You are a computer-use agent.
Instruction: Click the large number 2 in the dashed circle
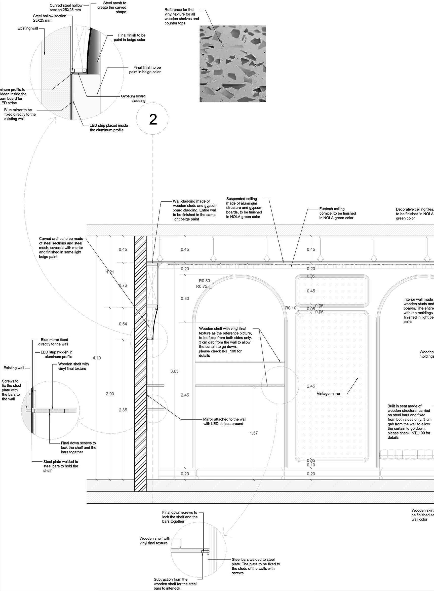[153, 119]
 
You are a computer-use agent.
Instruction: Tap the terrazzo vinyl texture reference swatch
[232, 64]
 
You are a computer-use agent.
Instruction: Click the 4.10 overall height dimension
[97, 358]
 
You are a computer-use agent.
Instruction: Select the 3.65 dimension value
[174, 371]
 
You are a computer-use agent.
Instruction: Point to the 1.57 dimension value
[254, 433]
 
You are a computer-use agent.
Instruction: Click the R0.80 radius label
[204, 281]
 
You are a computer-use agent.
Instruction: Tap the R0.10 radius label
[291, 308]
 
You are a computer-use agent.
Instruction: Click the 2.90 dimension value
[110, 394]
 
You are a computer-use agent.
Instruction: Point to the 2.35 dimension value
[123, 410]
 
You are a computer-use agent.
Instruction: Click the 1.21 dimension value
[110, 272]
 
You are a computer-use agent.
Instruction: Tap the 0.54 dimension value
[123, 324]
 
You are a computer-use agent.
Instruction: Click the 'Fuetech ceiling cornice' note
[337, 213]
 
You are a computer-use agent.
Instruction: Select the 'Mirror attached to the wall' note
[225, 421]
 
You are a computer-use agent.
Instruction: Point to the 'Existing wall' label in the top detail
[28, 28]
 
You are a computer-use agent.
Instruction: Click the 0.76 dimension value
[123, 285]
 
